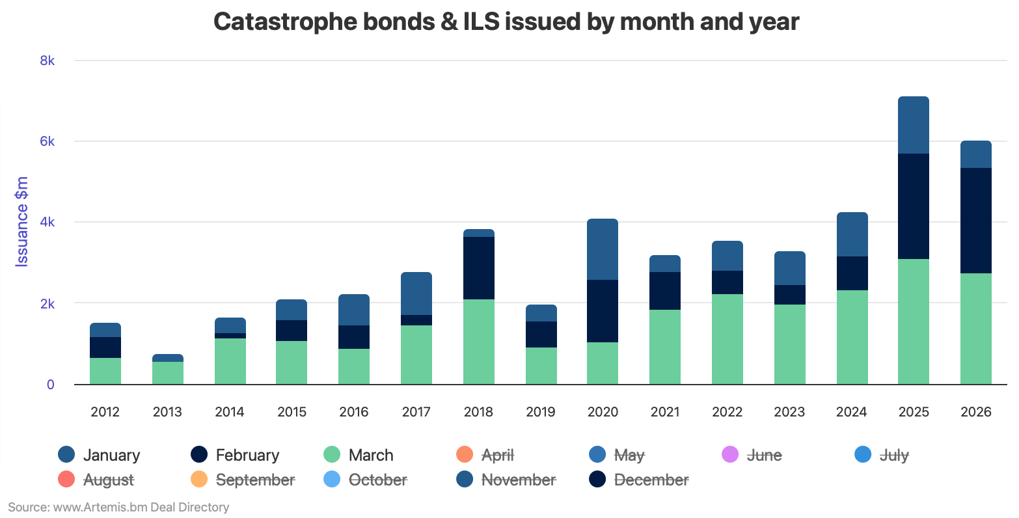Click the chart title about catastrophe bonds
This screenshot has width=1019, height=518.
tap(506, 22)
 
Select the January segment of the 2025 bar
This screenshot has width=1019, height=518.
tap(913, 125)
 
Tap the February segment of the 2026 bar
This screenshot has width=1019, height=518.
tap(975, 221)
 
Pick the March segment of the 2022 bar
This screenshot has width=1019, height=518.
tap(727, 339)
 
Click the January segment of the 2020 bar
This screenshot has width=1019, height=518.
tap(602, 249)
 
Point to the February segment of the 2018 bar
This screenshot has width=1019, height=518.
tap(478, 268)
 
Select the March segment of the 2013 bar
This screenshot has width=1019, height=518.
tap(167, 373)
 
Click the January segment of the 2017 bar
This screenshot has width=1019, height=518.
tap(416, 293)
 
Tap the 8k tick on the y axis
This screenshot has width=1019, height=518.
tap(47, 61)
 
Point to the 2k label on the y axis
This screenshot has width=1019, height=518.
tap(47, 304)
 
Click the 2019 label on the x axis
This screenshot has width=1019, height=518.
tap(540, 412)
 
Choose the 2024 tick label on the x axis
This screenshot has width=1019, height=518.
tap(851, 412)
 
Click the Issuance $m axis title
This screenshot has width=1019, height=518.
tap(22, 221)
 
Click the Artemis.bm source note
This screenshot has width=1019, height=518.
tap(118, 507)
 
